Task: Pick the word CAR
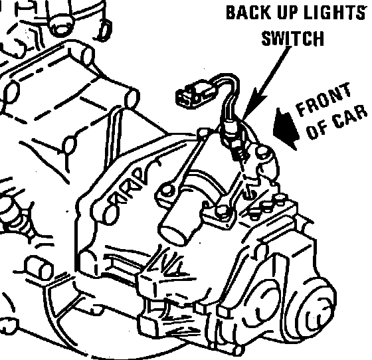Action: pyautogui.click(x=349, y=118)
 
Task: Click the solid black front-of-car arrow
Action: pyautogui.click(x=286, y=128)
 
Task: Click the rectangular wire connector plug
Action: pyautogui.click(x=191, y=93)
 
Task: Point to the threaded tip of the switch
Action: pyautogui.click(x=240, y=155)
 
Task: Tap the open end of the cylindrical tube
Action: pyautogui.click(x=173, y=234)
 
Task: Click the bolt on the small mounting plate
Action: pyautogui.click(x=223, y=210)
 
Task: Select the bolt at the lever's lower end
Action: pyautogui.click(x=167, y=190)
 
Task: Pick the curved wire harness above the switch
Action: pyautogui.click(x=229, y=95)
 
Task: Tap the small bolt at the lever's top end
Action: pyautogui.click(x=204, y=132)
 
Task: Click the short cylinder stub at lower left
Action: pyautogui.click(x=39, y=267)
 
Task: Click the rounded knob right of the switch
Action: pyautogui.click(x=262, y=152)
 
